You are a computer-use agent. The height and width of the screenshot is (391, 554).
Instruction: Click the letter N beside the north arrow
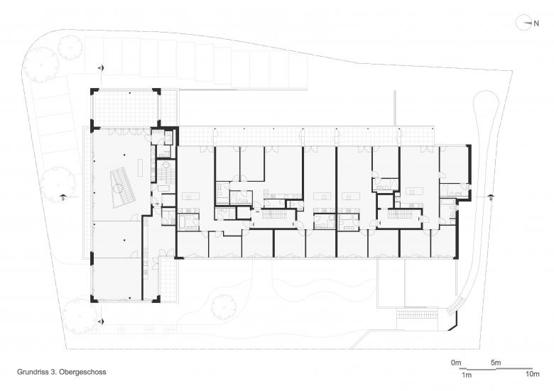coord(536,23)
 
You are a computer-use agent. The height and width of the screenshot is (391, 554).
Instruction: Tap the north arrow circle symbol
coord(523,23)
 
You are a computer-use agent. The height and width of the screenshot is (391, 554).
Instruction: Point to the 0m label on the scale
coord(456,363)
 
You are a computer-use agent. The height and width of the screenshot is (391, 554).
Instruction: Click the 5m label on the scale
coord(496,363)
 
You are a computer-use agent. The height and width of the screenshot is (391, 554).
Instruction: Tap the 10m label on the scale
coord(533,374)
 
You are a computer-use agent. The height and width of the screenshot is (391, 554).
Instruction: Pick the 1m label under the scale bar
coord(467,375)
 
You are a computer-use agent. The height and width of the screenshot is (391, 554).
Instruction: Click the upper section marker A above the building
coord(101,67)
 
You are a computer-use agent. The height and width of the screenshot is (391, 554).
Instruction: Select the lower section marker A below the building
coord(101,321)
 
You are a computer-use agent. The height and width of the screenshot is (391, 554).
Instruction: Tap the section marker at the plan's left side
coord(63,197)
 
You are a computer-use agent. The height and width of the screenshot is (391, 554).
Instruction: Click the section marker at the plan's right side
coord(491,197)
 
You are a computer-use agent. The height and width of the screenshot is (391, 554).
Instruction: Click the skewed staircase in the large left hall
coord(122,187)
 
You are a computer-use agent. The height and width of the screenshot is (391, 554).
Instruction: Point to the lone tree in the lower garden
coord(224,307)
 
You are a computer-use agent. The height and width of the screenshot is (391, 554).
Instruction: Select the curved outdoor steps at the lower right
coord(456,306)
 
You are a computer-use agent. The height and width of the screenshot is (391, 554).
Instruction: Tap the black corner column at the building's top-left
coord(94,91)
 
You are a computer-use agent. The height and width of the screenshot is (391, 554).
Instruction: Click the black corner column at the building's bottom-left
coord(94,299)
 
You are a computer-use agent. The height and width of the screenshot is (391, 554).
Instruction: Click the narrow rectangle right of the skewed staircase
coord(140,168)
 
